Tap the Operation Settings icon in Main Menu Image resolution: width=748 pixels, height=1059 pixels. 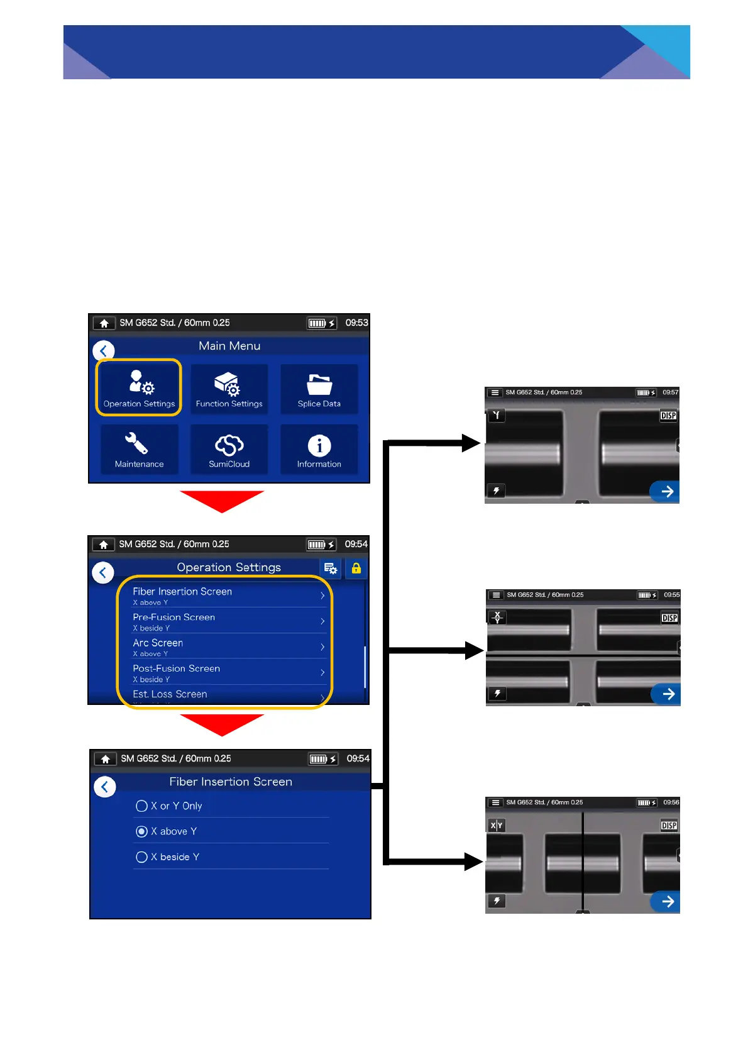tap(139, 387)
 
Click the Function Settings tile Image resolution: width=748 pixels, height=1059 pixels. tap(229, 389)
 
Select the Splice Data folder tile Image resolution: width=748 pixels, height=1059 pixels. tap(319, 389)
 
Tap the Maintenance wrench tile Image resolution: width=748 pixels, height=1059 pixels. tap(139, 449)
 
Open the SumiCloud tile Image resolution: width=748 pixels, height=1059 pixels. tap(229, 449)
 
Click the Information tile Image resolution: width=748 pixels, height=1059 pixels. tap(319, 449)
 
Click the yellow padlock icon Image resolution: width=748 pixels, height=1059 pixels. tap(356, 568)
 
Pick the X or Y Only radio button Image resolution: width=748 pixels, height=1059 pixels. tap(142, 806)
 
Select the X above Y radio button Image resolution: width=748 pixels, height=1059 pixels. tap(142, 831)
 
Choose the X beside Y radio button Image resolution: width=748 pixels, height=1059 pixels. tap(142, 857)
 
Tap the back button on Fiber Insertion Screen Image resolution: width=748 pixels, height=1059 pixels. tap(105, 787)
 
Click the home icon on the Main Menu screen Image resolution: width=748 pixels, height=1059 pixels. tap(104, 323)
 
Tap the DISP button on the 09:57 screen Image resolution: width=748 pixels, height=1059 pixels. tap(668, 416)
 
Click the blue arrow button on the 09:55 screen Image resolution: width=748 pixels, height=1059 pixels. tap(668, 694)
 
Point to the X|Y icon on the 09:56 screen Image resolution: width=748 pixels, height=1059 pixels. tap(497, 826)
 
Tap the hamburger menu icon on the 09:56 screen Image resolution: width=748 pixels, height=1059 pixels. tap(496, 802)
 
